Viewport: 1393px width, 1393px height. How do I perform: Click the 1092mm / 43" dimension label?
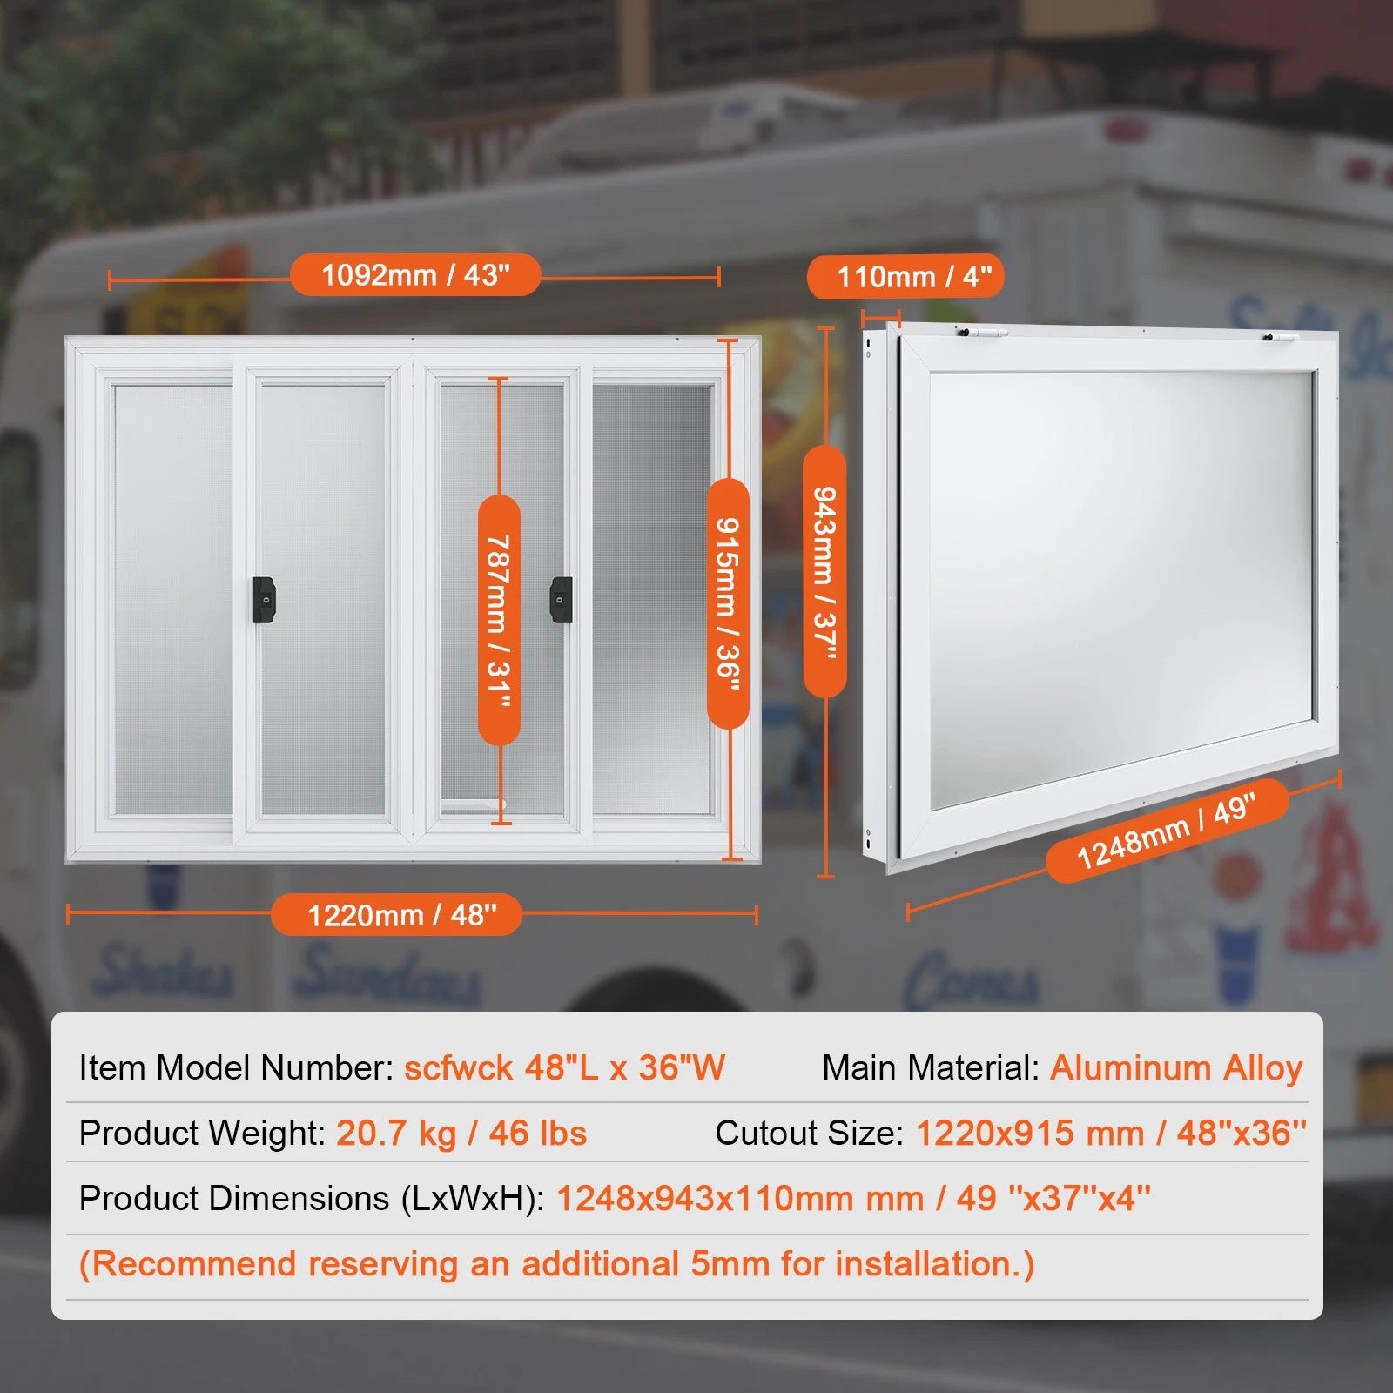click(x=415, y=275)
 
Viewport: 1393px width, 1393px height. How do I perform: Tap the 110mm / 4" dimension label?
click(x=905, y=277)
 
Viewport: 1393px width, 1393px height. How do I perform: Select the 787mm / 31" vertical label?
click(x=499, y=620)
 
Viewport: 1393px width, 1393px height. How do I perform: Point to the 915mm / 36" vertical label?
click(x=728, y=603)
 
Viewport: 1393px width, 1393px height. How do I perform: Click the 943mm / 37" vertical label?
click(x=824, y=572)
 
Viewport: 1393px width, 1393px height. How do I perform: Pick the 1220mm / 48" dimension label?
click(x=396, y=915)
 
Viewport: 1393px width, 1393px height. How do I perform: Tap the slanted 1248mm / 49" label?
click(x=1167, y=831)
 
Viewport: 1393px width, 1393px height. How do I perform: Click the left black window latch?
click(x=264, y=600)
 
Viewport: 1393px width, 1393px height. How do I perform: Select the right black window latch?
click(x=562, y=600)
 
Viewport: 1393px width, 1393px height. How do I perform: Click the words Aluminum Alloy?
click(x=1176, y=1067)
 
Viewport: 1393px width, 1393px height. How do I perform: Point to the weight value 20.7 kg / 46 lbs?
click(x=461, y=1133)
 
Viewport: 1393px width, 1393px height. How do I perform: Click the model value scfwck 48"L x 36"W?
click(x=564, y=1067)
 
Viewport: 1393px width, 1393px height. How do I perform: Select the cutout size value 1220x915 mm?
click(x=1030, y=1133)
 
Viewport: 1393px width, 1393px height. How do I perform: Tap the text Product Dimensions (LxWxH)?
click(x=312, y=1199)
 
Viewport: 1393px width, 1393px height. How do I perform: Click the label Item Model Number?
click(x=237, y=1067)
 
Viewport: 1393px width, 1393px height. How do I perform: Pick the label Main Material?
click(x=931, y=1067)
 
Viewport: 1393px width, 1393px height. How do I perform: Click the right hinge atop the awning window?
click(x=1281, y=337)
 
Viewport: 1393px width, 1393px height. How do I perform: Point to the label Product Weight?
click(x=202, y=1133)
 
